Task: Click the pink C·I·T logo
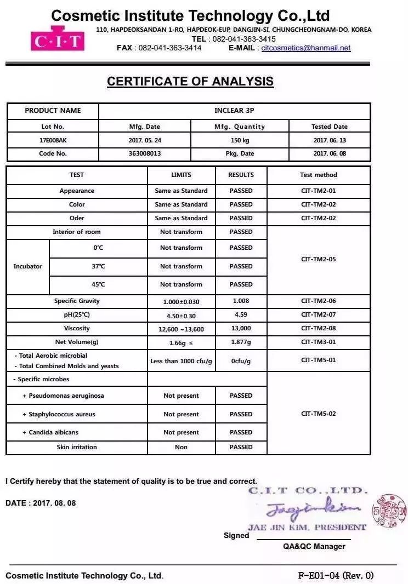point(57,40)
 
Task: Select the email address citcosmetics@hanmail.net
point(306,48)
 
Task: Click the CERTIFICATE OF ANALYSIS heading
point(190,82)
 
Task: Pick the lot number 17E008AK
point(53,140)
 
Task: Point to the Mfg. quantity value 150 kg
point(240,140)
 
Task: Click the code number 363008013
point(144,154)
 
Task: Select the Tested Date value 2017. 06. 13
point(330,140)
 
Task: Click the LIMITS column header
point(181,175)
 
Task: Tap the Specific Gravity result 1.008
point(241,301)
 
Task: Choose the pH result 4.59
point(241,315)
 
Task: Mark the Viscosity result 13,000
point(241,329)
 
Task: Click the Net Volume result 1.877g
point(241,342)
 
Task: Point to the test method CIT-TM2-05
point(319,260)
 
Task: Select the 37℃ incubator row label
point(98,266)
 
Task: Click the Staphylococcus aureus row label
point(59,415)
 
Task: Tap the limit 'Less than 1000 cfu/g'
point(181,362)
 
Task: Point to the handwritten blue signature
point(313,509)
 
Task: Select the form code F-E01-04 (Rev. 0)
point(335,576)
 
